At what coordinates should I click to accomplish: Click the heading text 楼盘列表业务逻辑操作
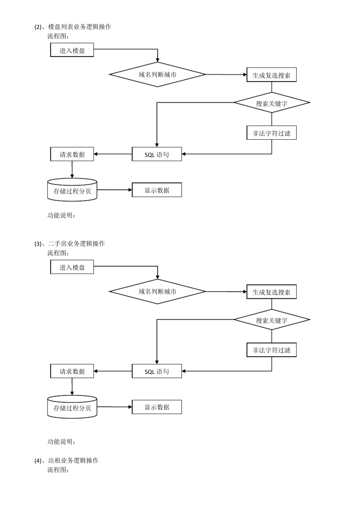tap(79, 27)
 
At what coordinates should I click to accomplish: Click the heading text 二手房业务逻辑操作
tap(76, 244)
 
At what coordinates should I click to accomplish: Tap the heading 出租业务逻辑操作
tap(73, 461)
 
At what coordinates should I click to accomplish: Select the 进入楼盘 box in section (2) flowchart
tap(72, 50)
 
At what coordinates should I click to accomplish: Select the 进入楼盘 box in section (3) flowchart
tap(72, 267)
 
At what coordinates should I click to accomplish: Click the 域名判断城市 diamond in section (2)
tap(157, 75)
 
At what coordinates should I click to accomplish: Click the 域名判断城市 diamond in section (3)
tap(157, 292)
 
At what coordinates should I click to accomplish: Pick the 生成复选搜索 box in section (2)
tap(271, 75)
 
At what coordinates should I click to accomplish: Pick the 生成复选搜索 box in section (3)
tap(271, 292)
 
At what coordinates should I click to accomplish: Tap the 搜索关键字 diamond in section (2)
tap(271, 103)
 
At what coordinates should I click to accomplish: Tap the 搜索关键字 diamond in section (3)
tap(271, 320)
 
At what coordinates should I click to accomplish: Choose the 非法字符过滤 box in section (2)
tap(271, 133)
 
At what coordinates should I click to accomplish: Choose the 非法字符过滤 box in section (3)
tap(271, 350)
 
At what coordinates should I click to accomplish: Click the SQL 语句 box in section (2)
tap(157, 155)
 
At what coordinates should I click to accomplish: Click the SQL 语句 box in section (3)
tap(157, 372)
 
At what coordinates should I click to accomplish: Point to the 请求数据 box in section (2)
tap(72, 155)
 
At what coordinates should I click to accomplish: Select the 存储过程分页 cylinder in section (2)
tap(72, 190)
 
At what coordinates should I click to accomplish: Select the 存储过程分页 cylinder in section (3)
tap(72, 408)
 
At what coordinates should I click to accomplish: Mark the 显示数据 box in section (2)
tap(157, 190)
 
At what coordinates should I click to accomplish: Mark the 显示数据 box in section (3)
tap(157, 407)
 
